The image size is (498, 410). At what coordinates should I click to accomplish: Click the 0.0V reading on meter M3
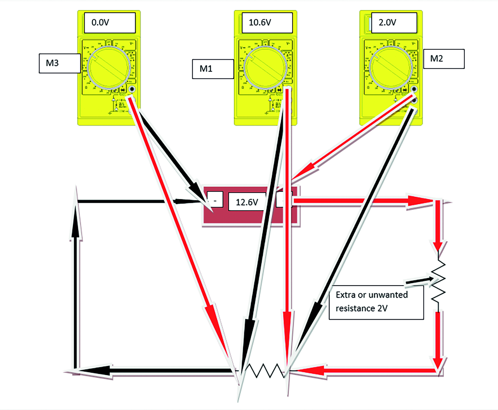coord(100,22)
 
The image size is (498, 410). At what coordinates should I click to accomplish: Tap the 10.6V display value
coord(260,22)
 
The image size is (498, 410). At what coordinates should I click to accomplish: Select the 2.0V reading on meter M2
coord(387,22)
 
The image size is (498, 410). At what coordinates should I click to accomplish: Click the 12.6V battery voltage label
coord(247,202)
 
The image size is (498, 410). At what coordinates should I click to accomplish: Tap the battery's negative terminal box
coord(215,200)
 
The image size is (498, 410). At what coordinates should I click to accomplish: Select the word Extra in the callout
coord(345,295)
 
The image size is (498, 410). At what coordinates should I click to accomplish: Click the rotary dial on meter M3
coord(108,67)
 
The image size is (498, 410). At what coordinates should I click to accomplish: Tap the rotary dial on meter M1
coord(265,67)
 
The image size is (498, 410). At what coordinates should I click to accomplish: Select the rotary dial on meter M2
coord(391,67)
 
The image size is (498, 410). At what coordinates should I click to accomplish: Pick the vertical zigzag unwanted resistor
coord(438,280)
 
